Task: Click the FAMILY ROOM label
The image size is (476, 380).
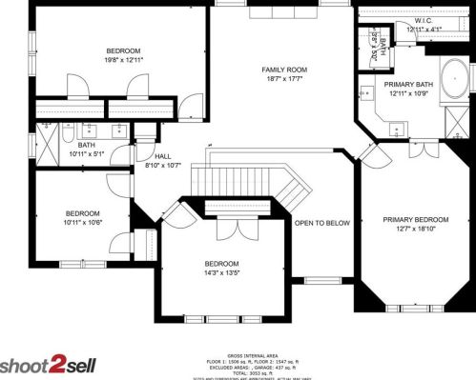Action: coord(284,70)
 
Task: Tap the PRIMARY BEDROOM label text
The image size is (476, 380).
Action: coord(415,220)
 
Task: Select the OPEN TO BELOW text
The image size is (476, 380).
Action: coord(321,224)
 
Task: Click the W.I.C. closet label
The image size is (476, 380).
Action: coord(424,19)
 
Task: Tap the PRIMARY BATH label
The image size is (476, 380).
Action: coord(409,84)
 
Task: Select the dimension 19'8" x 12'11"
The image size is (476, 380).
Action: coord(123,60)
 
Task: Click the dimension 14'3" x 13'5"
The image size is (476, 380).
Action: coord(221,273)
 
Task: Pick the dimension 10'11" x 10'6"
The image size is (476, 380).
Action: coord(82,223)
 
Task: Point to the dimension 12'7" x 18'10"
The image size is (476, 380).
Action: coord(415,230)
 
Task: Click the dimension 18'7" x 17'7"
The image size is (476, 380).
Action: coord(284,80)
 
